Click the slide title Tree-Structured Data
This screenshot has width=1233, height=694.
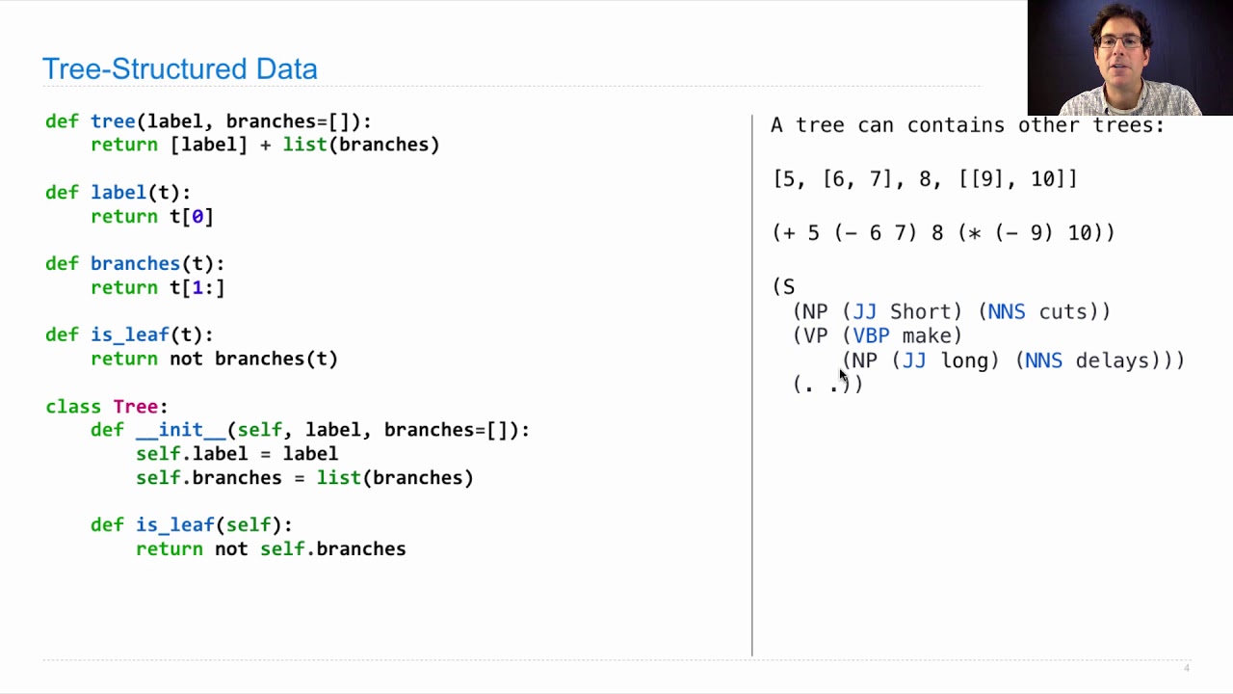coord(180,69)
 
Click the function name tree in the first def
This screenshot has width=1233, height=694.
coord(113,121)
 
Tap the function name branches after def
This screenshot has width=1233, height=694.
coord(136,264)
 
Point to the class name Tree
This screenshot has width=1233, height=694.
coord(136,407)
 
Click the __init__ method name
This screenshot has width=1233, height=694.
coord(181,430)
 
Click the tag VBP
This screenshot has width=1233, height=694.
coord(871,336)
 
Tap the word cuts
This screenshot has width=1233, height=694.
coord(1062,311)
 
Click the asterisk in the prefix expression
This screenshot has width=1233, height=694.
coord(974,233)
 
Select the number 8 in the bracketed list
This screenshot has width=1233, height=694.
coord(925,179)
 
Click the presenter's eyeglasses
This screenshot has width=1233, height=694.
coord(1120,41)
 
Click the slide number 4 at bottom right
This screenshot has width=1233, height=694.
coord(1187,668)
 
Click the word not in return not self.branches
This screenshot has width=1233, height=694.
coord(231,549)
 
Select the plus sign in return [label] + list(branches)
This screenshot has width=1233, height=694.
coord(265,145)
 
